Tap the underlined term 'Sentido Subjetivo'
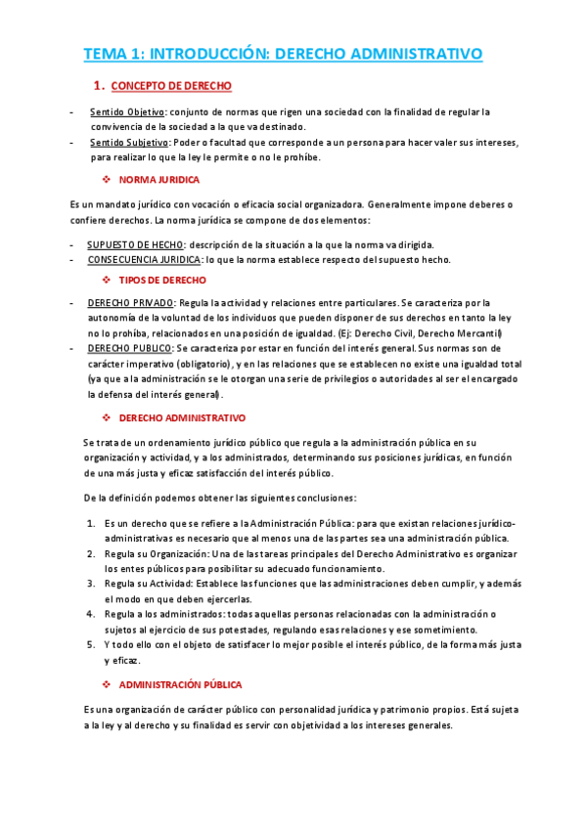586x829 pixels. pos(129,143)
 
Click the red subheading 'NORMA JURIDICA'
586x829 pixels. pos(159,180)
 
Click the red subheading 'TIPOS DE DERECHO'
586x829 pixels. pos(162,280)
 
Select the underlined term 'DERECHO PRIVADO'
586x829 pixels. pos(130,303)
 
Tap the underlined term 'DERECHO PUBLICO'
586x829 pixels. pos(129,348)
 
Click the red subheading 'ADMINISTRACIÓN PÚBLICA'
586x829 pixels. pos(180,685)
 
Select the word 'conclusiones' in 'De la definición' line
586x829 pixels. pos(329,498)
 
